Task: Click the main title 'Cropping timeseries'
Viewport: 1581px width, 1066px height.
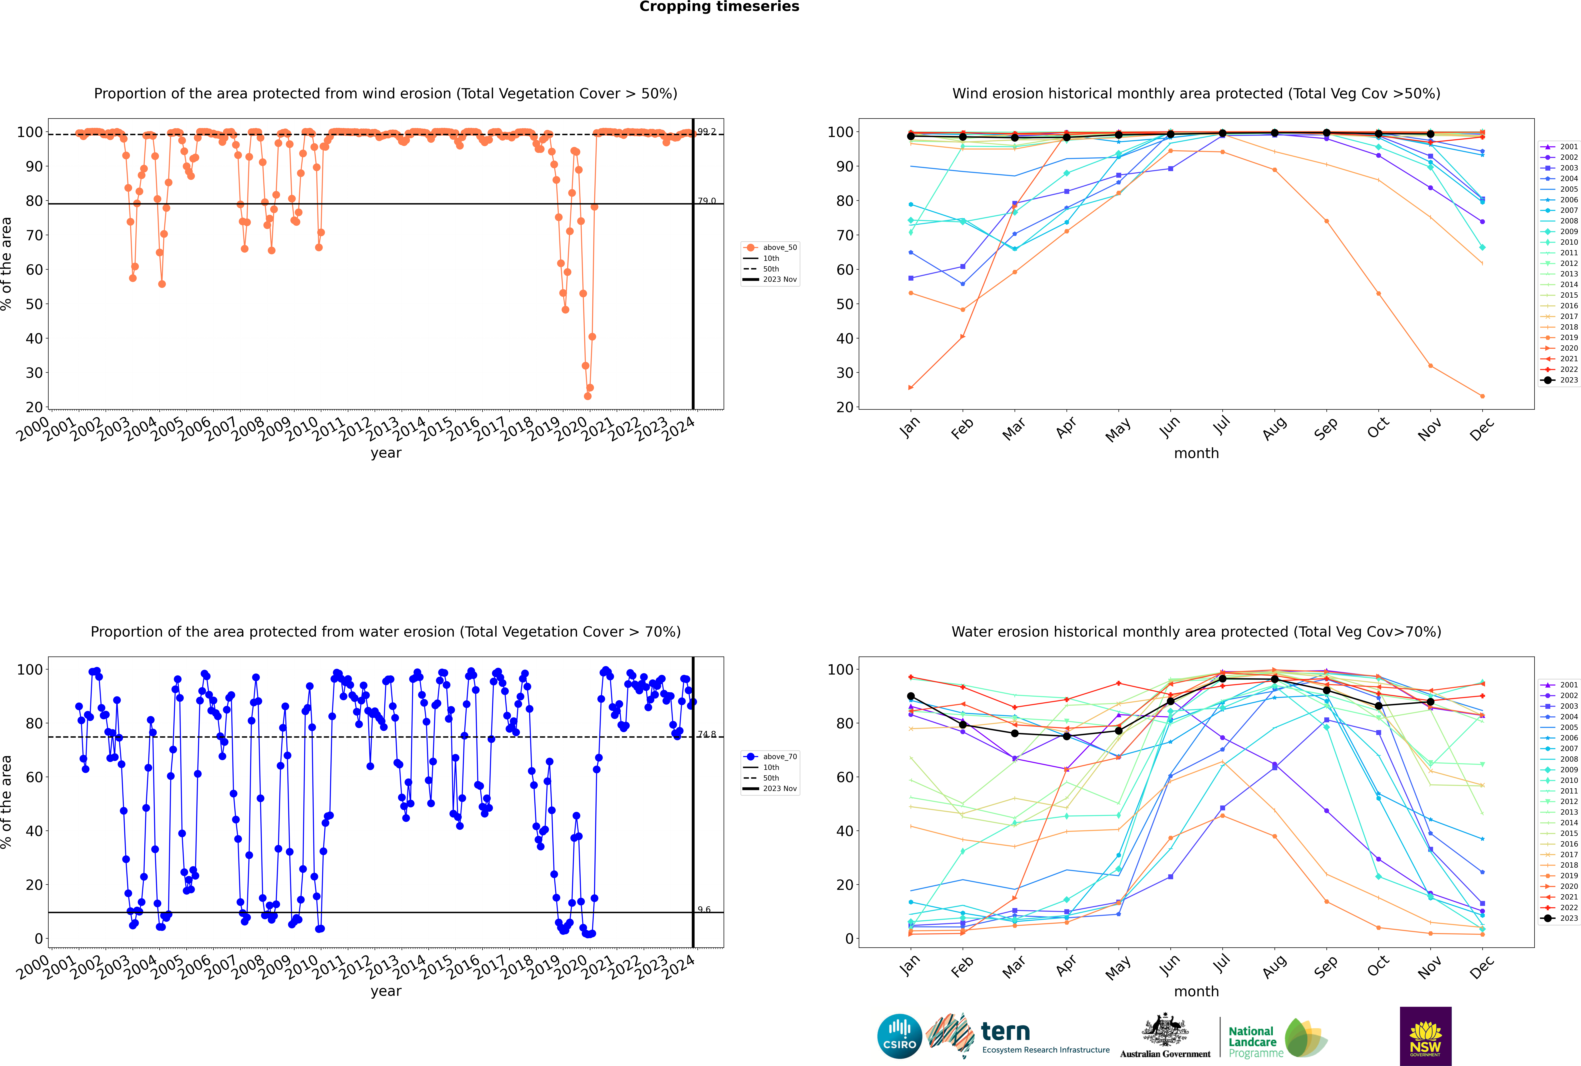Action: point(719,7)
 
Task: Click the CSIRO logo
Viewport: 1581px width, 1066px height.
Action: point(899,1036)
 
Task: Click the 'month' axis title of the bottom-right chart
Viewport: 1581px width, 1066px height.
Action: point(1196,992)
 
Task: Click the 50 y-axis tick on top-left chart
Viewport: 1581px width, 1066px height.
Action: point(34,304)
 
